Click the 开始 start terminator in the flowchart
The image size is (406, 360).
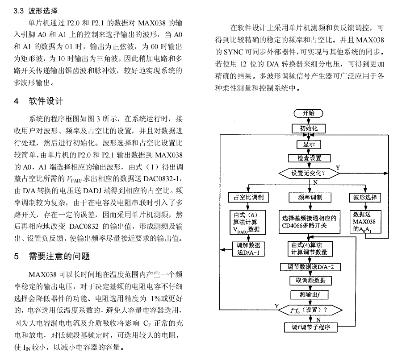point(308,113)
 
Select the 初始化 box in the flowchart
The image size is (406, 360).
point(308,128)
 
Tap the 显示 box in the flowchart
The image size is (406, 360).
point(309,144)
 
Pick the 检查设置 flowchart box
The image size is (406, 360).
point(310,158)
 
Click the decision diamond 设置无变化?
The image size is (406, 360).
point(309,173)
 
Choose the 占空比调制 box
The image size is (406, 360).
point(249,197)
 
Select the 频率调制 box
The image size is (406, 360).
point(310,198)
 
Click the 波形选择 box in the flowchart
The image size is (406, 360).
point(365,198)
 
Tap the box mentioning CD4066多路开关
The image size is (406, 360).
point(310,222)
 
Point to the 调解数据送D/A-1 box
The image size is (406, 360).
point(249,249)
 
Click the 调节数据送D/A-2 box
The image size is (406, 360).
point(310,267)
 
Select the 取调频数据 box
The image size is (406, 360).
point(310,281)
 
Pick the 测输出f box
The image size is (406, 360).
point(310,294)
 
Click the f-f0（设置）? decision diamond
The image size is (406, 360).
point(310,310)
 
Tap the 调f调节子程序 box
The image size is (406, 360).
point(311,327)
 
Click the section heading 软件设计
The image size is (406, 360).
point(46,101)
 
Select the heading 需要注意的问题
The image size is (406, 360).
point(59,257)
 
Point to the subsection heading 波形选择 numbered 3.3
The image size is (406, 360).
point(43,11)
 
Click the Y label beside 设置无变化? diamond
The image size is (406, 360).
point(338,168)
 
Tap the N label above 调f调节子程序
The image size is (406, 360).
point(318,320)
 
